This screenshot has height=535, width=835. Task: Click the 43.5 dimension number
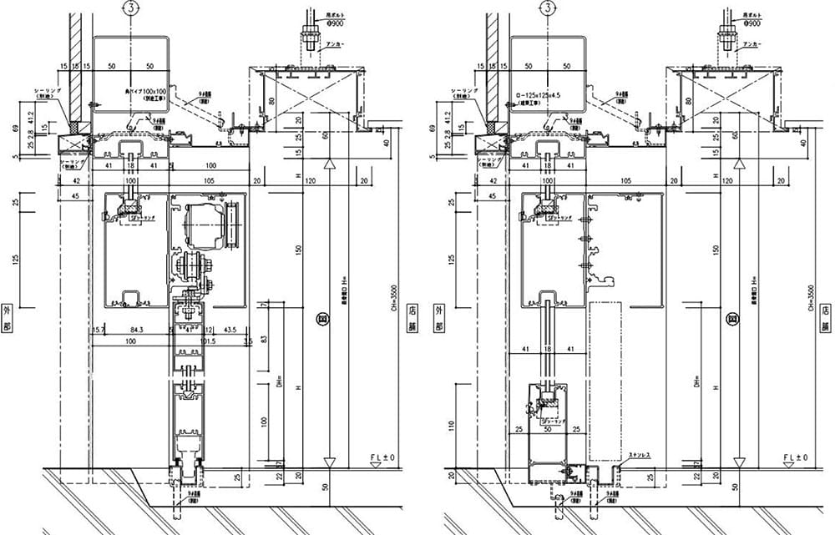click(x=230, y=331)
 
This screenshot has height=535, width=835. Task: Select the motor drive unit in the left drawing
click(x=206, y=225)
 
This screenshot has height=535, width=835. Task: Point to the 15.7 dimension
click(x=99, y=331)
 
